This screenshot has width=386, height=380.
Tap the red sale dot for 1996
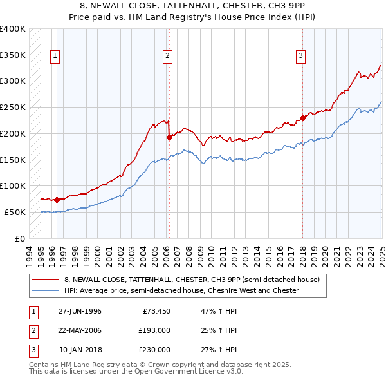tap(57, 200)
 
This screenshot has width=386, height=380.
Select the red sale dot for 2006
tap(169, 137)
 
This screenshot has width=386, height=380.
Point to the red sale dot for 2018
tap(302, 117)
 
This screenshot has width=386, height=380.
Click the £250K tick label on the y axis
tap(12, 107)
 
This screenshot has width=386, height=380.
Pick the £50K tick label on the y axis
tap(15, 212)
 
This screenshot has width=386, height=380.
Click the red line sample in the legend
tap(44, 280)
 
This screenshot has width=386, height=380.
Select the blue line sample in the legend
tap(44, 291)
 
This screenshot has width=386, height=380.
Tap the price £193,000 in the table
tap(154, 330)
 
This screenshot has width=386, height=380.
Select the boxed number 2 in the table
tap(32, 330)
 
